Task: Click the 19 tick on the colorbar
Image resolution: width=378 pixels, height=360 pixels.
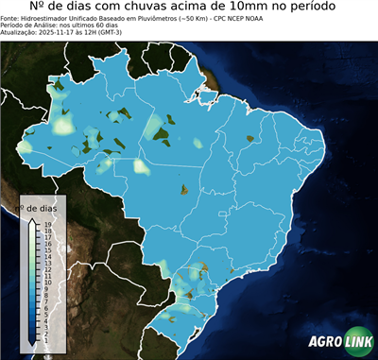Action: click(x=46, y=224)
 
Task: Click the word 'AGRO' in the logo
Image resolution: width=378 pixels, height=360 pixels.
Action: click(x=323, y=343)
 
